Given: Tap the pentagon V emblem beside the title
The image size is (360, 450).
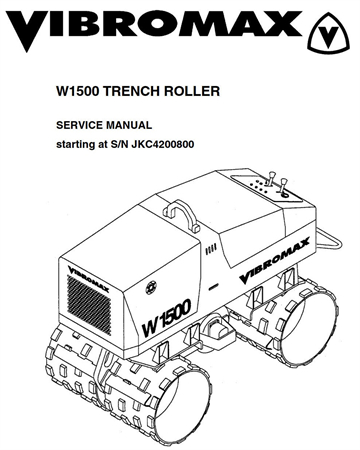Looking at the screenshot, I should point(330,34).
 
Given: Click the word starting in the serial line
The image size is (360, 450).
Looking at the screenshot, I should point(74,145).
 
